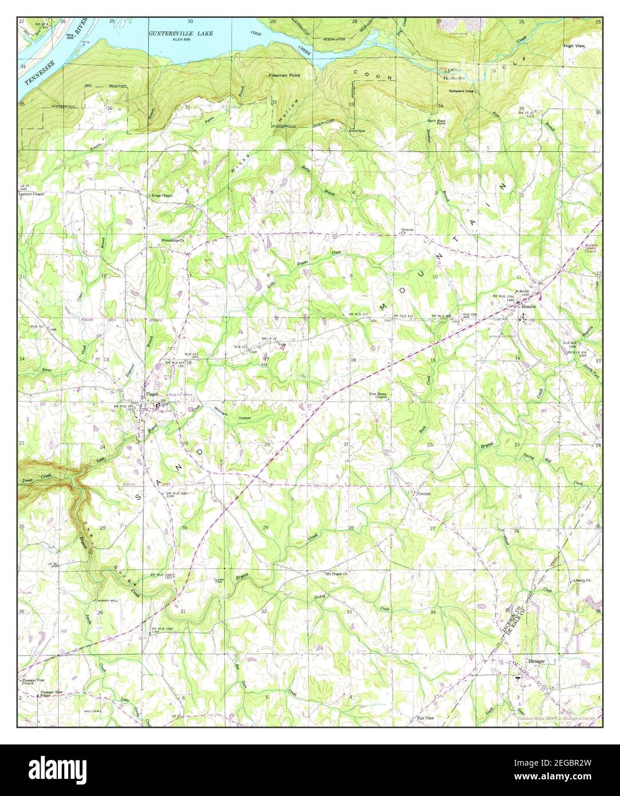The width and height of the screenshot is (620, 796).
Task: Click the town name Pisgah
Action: [x=152, y=394]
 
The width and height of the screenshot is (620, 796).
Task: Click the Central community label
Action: [x=424, y=493]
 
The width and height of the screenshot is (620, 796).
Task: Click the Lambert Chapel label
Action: [x=31, y=195]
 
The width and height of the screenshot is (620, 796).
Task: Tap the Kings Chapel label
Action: [x=162, y=195]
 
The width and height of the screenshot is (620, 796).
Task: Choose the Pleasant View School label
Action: [x=54, y=694]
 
